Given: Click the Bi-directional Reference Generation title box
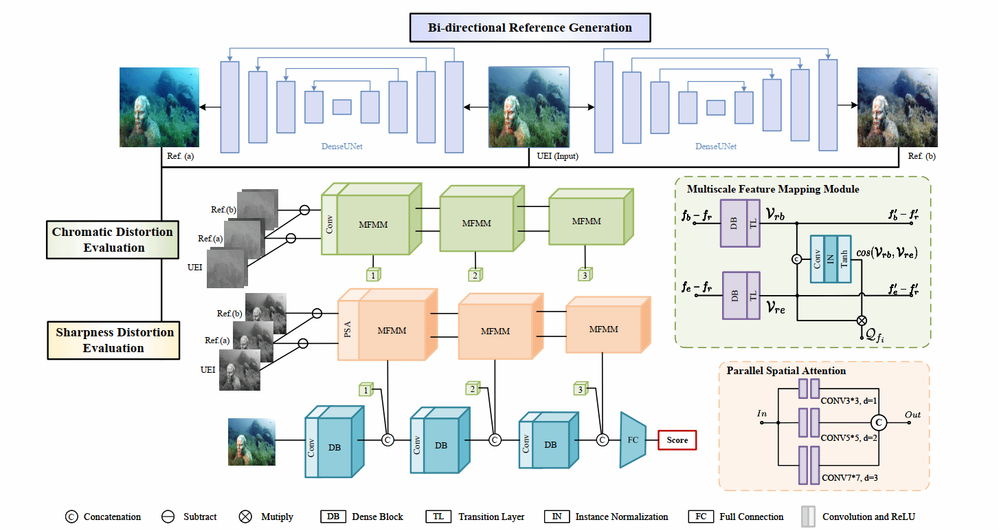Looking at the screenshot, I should point(529,28).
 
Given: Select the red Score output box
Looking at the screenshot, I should point(677,440).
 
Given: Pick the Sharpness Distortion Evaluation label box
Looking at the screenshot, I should point(113,340).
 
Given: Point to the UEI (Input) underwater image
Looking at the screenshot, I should point(528,107).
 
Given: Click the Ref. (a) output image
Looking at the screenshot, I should point(159,107).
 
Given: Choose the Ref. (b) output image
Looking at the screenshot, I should point(897,107).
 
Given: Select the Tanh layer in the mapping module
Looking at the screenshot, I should point(843,259).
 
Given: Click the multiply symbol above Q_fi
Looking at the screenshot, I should point(862,320).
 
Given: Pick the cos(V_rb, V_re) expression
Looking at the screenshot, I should point(887,253).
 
